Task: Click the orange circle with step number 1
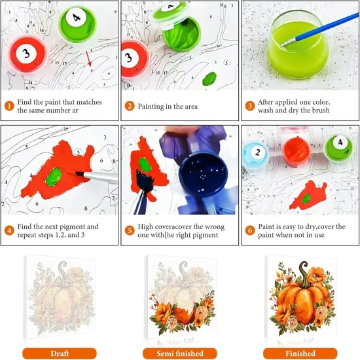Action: (x=9, y=106)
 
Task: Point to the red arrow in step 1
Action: (x=88, y=60)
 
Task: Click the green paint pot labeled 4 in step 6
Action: (x=338, y=146)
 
